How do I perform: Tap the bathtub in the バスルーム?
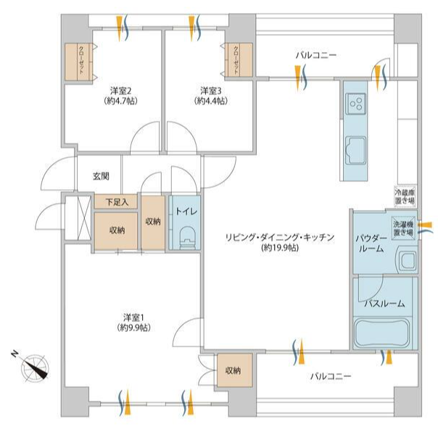382,333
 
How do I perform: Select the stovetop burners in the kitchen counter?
356,104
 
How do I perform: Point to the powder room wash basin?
406,261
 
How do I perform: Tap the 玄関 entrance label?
101,176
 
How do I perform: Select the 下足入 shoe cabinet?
116,202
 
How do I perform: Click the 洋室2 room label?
120,91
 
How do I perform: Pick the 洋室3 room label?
211,91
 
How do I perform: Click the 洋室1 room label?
133,317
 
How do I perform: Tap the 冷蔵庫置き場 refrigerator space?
405,196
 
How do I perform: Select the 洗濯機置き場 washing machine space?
403,228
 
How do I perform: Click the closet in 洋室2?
79,62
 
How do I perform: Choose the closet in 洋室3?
239,59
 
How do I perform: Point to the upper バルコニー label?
316,55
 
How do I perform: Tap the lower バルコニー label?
331,375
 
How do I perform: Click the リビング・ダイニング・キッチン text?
280,238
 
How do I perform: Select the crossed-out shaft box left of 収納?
78,217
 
